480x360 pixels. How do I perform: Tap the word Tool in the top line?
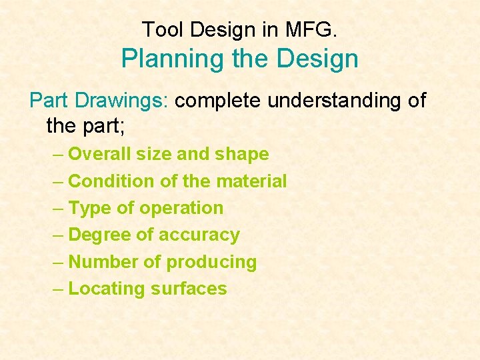(x=157, y=29)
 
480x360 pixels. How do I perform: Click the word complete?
(x=217, y=101)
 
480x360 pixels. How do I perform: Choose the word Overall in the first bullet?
(x=99, y=154)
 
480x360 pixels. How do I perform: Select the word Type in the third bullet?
(x=90, y=208)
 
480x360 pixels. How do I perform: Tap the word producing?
(x=211, y=262)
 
